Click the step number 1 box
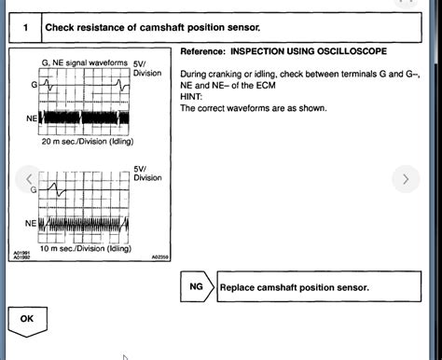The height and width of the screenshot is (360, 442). click(24, 28)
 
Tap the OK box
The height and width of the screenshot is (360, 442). click(26, 318)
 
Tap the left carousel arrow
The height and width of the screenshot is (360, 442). click(30, 178)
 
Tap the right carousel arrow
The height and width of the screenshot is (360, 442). click(404, 178)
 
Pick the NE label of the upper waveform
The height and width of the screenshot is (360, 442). click(31, 118)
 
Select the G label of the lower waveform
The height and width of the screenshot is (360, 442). click(33, 189)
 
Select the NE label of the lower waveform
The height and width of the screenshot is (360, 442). click(31, 224)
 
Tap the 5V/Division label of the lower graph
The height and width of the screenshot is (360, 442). click(145, 173)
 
